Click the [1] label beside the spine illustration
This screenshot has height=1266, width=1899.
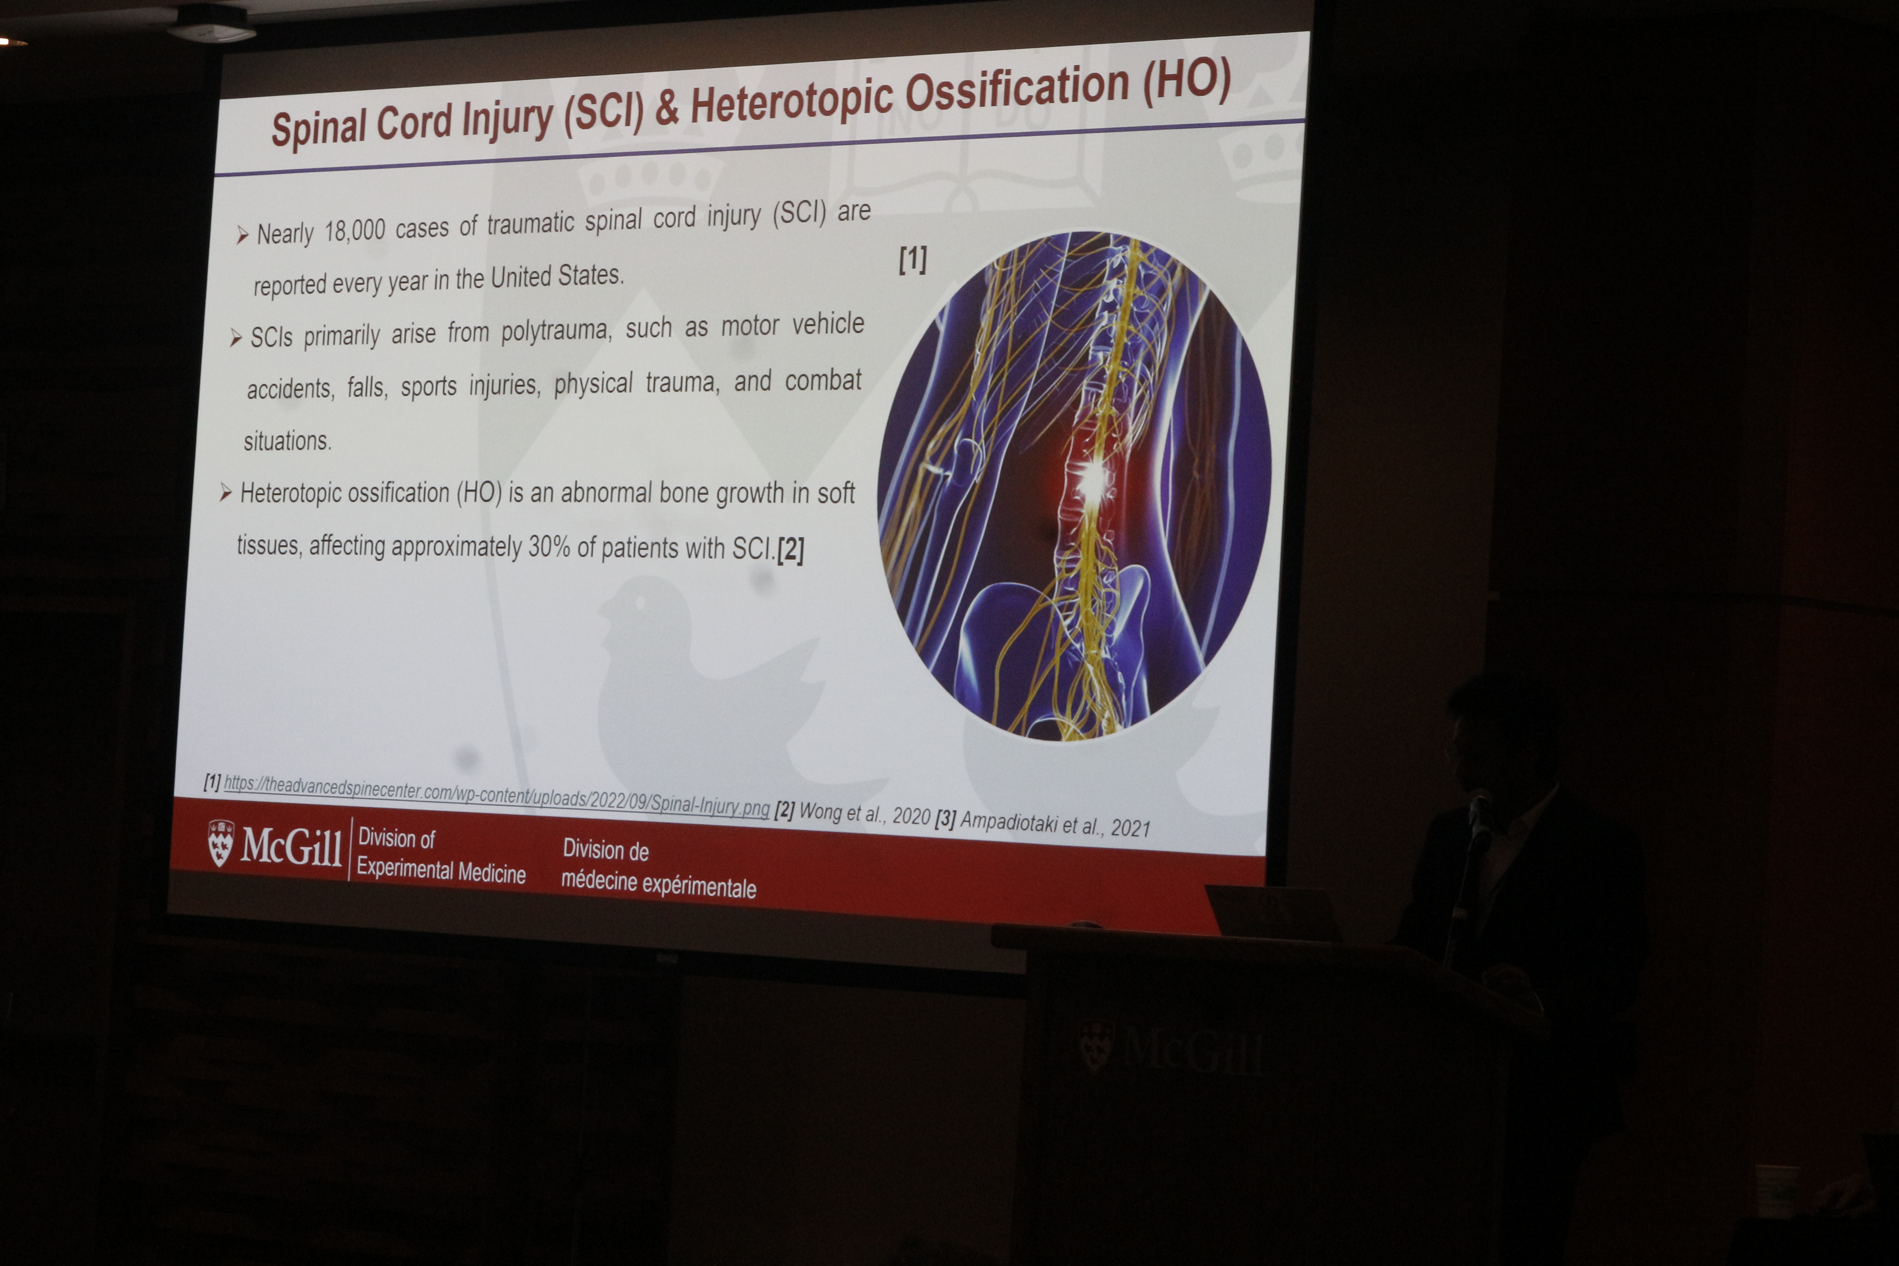[913, 259]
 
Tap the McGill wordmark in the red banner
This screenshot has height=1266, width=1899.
[290, 846]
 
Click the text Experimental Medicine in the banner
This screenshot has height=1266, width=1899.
[441, 870]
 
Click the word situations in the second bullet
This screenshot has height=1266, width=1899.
[288, 441]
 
